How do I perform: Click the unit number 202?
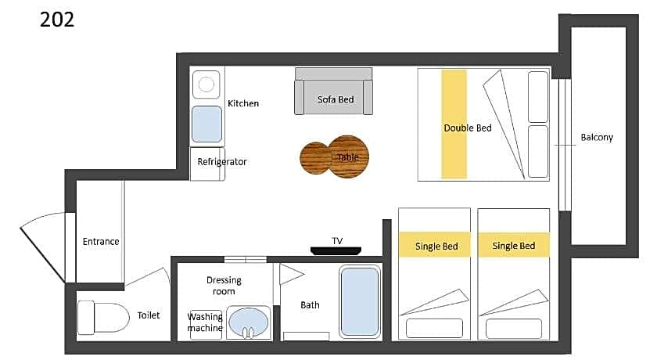(57, 20)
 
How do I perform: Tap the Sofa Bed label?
(336, 99)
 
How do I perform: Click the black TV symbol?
(336, 250)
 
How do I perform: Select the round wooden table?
(335, 157)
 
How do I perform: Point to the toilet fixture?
(103, 317)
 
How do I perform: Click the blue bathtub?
(360, 301)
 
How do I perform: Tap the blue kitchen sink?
(206, 124)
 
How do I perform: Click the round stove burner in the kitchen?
(206, 85)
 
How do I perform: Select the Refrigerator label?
(222, 162)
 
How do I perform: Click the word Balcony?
(597, 138)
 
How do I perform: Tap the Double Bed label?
(468, 128)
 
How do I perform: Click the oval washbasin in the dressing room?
(248, 322)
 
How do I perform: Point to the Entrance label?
(101, 241)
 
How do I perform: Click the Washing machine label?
(205, 322)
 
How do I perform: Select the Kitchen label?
(243, 103)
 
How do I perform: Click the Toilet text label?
(149, 315)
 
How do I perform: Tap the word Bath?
(310, 305)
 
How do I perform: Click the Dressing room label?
(224, 286)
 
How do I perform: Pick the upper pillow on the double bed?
(538, 97)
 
